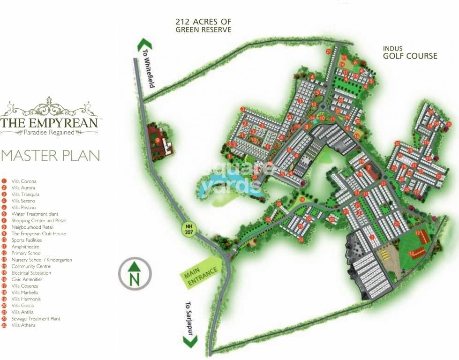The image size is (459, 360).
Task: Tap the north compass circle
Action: click(x=135, y=274)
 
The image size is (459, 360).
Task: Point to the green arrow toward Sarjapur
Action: click(x=190, y=341)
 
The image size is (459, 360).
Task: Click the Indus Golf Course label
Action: click(x=410, y=52)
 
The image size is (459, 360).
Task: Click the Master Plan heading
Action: click(x=50, y=156)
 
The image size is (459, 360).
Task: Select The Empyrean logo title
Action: click(x=49, y=123)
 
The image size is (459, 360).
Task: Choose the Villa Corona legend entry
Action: click(x=23, y=181)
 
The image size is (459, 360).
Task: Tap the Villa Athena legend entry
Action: click(x=23, y=325)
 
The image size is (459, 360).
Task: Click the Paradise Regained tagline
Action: click(x=49, y=133)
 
